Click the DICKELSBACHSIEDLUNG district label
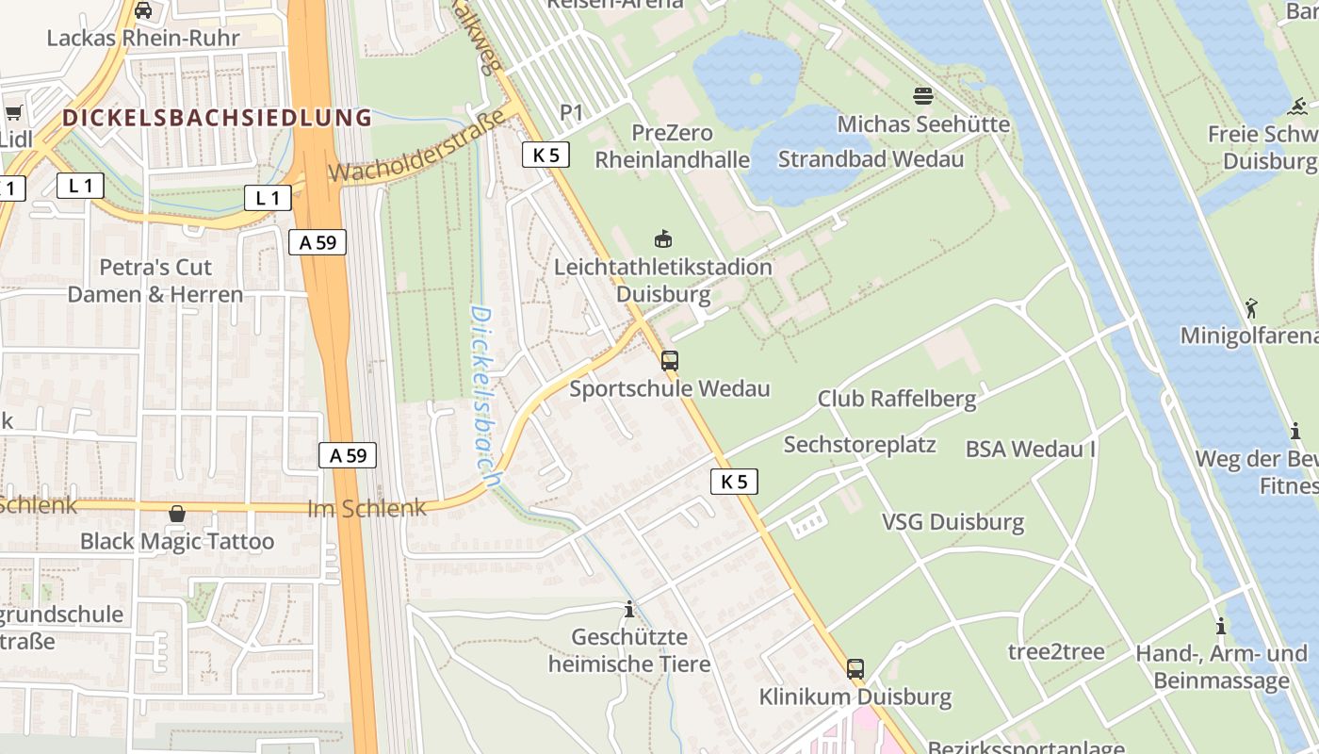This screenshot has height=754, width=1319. (x=218, y=118)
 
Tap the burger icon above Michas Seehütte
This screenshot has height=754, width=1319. (x=922, y=95)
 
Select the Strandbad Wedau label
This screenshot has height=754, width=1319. (x=871, y=158)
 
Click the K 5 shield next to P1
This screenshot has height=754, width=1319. (x=546, y=155)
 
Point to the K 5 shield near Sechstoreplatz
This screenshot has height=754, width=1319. (x=734, y=482)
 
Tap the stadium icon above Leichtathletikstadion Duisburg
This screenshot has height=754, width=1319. (x=663, y=238)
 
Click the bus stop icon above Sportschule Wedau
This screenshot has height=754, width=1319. (x=669, y=360)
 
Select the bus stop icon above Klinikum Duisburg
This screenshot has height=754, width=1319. (x=855, y=669)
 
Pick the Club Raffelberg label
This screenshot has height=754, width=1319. (x=897, y=399)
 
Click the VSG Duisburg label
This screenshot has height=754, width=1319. (x=953, y=522)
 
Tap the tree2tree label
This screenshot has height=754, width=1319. (x=1056, y=651)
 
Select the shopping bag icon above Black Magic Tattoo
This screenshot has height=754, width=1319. (x=176, y=514)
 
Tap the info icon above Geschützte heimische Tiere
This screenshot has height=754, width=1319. (x=629, y=610)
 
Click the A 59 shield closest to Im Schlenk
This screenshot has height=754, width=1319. (x=347, y=455)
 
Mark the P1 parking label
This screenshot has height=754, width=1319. (x=572, y=112)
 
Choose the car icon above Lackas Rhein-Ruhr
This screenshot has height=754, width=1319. (x=143, y=10)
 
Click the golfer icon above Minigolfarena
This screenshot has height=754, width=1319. (x=1251, y=308)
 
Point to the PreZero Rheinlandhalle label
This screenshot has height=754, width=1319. (x=672, y=146)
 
